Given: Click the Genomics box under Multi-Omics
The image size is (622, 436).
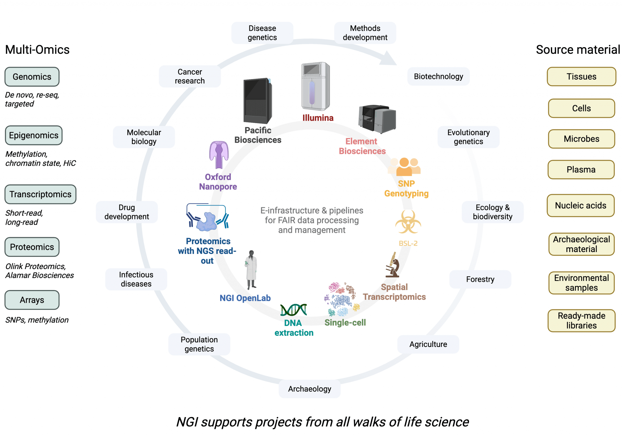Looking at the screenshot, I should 32,77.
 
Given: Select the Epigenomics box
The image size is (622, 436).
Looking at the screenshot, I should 34,135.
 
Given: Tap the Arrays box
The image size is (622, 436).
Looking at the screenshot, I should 32,300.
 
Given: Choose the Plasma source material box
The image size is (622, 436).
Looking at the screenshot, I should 581,169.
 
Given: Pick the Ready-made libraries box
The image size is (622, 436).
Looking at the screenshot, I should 581,320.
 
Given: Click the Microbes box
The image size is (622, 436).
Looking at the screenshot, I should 581,139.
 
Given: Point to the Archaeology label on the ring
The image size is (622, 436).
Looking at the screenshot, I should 309,389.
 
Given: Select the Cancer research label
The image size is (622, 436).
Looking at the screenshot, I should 190,76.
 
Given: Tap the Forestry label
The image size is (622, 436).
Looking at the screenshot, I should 480,279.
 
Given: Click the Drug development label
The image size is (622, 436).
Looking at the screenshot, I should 127,212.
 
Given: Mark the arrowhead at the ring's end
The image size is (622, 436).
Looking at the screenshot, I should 389,59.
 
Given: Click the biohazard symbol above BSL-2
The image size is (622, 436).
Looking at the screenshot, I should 408,222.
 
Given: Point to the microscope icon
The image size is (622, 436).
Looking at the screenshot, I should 392,265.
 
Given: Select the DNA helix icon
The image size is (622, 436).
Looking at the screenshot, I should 293,310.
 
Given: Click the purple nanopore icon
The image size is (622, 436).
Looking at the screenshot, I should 219,154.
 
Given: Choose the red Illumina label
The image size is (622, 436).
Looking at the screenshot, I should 318,118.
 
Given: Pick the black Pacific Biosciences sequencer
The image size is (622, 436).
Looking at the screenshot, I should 257,101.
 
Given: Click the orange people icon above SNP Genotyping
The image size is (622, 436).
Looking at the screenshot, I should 405,167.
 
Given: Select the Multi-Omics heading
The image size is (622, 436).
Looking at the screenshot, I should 37,50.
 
